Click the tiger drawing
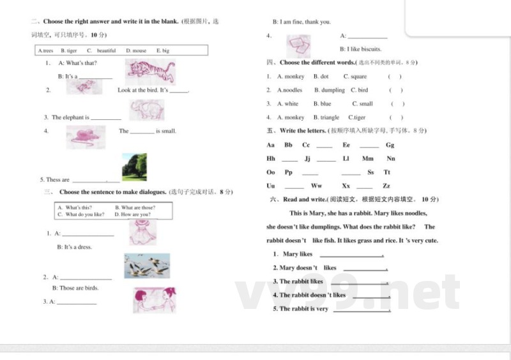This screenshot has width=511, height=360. tap(150, 71)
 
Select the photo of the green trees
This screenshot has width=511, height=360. tap(134, 167)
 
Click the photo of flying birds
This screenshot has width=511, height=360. tap(147, 266)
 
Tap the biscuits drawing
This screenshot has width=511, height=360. tap(298, 46)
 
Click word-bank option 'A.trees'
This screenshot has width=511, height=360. tap(46, 50)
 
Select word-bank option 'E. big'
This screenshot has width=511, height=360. tap(163, 50)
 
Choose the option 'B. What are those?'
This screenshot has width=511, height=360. tap(135, 207)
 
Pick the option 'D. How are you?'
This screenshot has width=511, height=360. tap(132, 214)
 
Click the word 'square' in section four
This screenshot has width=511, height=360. tap(358, 77)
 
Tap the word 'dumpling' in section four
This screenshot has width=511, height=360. tap(333, 90)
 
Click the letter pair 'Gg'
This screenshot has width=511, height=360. tap(390, 145)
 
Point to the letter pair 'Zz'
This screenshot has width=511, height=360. tap(386, 186)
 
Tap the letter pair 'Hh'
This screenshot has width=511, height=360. tap(271, 158)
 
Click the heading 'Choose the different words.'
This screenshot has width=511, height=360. tap(317, 63)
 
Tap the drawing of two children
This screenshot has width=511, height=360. tap(154, 300)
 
